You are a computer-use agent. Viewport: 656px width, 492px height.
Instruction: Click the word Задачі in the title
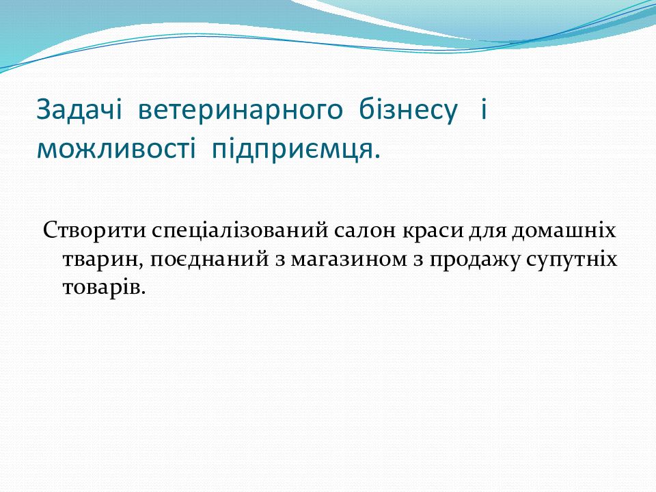(x=79, y=111)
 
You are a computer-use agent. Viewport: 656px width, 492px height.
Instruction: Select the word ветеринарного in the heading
(x=240, y=112)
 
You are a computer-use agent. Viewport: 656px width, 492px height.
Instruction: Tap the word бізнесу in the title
(x=409, y=111)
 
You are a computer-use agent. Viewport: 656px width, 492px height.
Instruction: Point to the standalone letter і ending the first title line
(x=484, y=109)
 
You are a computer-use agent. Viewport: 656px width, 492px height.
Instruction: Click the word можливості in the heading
(x=116, y=148)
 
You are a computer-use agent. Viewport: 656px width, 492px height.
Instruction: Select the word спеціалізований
(x=240, y=231)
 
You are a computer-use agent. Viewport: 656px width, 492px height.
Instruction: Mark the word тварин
(x=104, y=260)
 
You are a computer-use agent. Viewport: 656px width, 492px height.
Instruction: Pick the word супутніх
(x=571, y=260)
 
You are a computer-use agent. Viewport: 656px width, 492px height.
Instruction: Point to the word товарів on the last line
(x=104, y=288)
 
